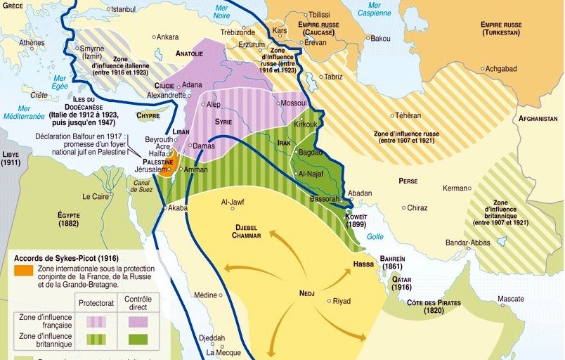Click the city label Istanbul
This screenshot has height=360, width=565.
[122, 9]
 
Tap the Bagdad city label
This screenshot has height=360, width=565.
[311, 152]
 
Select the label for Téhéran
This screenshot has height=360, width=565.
[408, 115]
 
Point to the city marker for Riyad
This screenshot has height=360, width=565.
[327, 301]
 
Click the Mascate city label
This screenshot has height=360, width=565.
[511, 299]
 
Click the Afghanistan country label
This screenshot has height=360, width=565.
[538, 119]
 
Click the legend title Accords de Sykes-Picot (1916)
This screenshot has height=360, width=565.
[66, 257]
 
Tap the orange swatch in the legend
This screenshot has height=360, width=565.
[23, 269]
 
